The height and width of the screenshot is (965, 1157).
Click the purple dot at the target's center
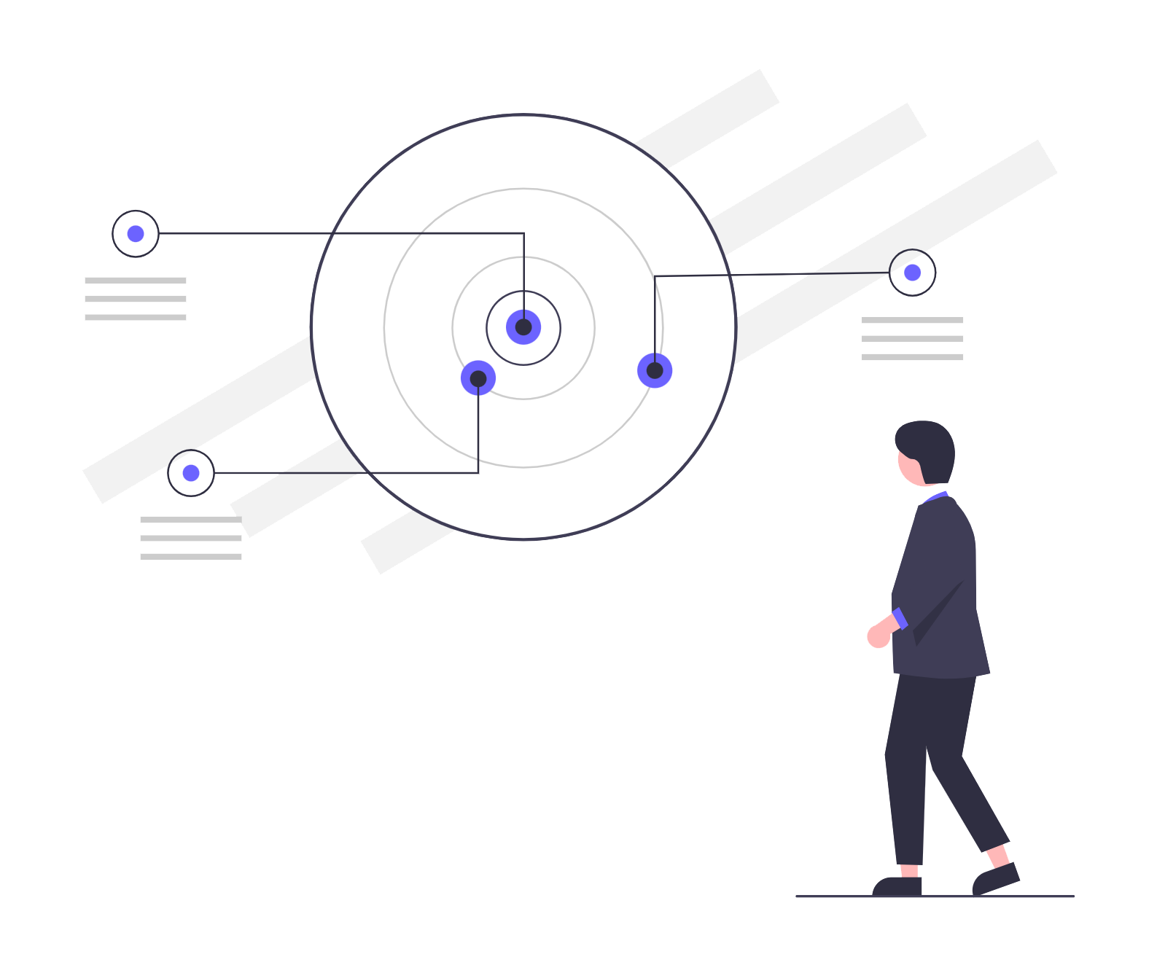coord(523,327)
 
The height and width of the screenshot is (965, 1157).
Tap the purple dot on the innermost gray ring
coord(478,378)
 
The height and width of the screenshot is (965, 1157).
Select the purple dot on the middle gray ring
coord(655,370)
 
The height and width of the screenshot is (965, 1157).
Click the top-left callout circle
coord(136,233)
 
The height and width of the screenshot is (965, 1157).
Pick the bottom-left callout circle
coord(191,473)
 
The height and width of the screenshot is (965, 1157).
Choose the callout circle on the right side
coord(912,273)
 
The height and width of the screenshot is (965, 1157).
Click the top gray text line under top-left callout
coord(136,280)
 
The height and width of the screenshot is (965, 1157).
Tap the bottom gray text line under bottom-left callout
coord(191,556)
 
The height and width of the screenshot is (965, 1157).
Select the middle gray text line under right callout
coord(912,338)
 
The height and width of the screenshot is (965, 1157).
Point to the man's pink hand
coord(878,636)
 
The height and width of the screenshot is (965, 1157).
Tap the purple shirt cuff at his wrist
coord(900,618)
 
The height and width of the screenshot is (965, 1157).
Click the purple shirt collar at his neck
coord(935,498)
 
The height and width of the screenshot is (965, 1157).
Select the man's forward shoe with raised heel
coord(996,879)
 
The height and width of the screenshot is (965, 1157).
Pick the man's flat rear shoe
coord(898,886)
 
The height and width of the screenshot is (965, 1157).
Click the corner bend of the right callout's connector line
coord(655,276)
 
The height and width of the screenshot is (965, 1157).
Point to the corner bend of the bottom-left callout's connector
coord(478,473)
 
